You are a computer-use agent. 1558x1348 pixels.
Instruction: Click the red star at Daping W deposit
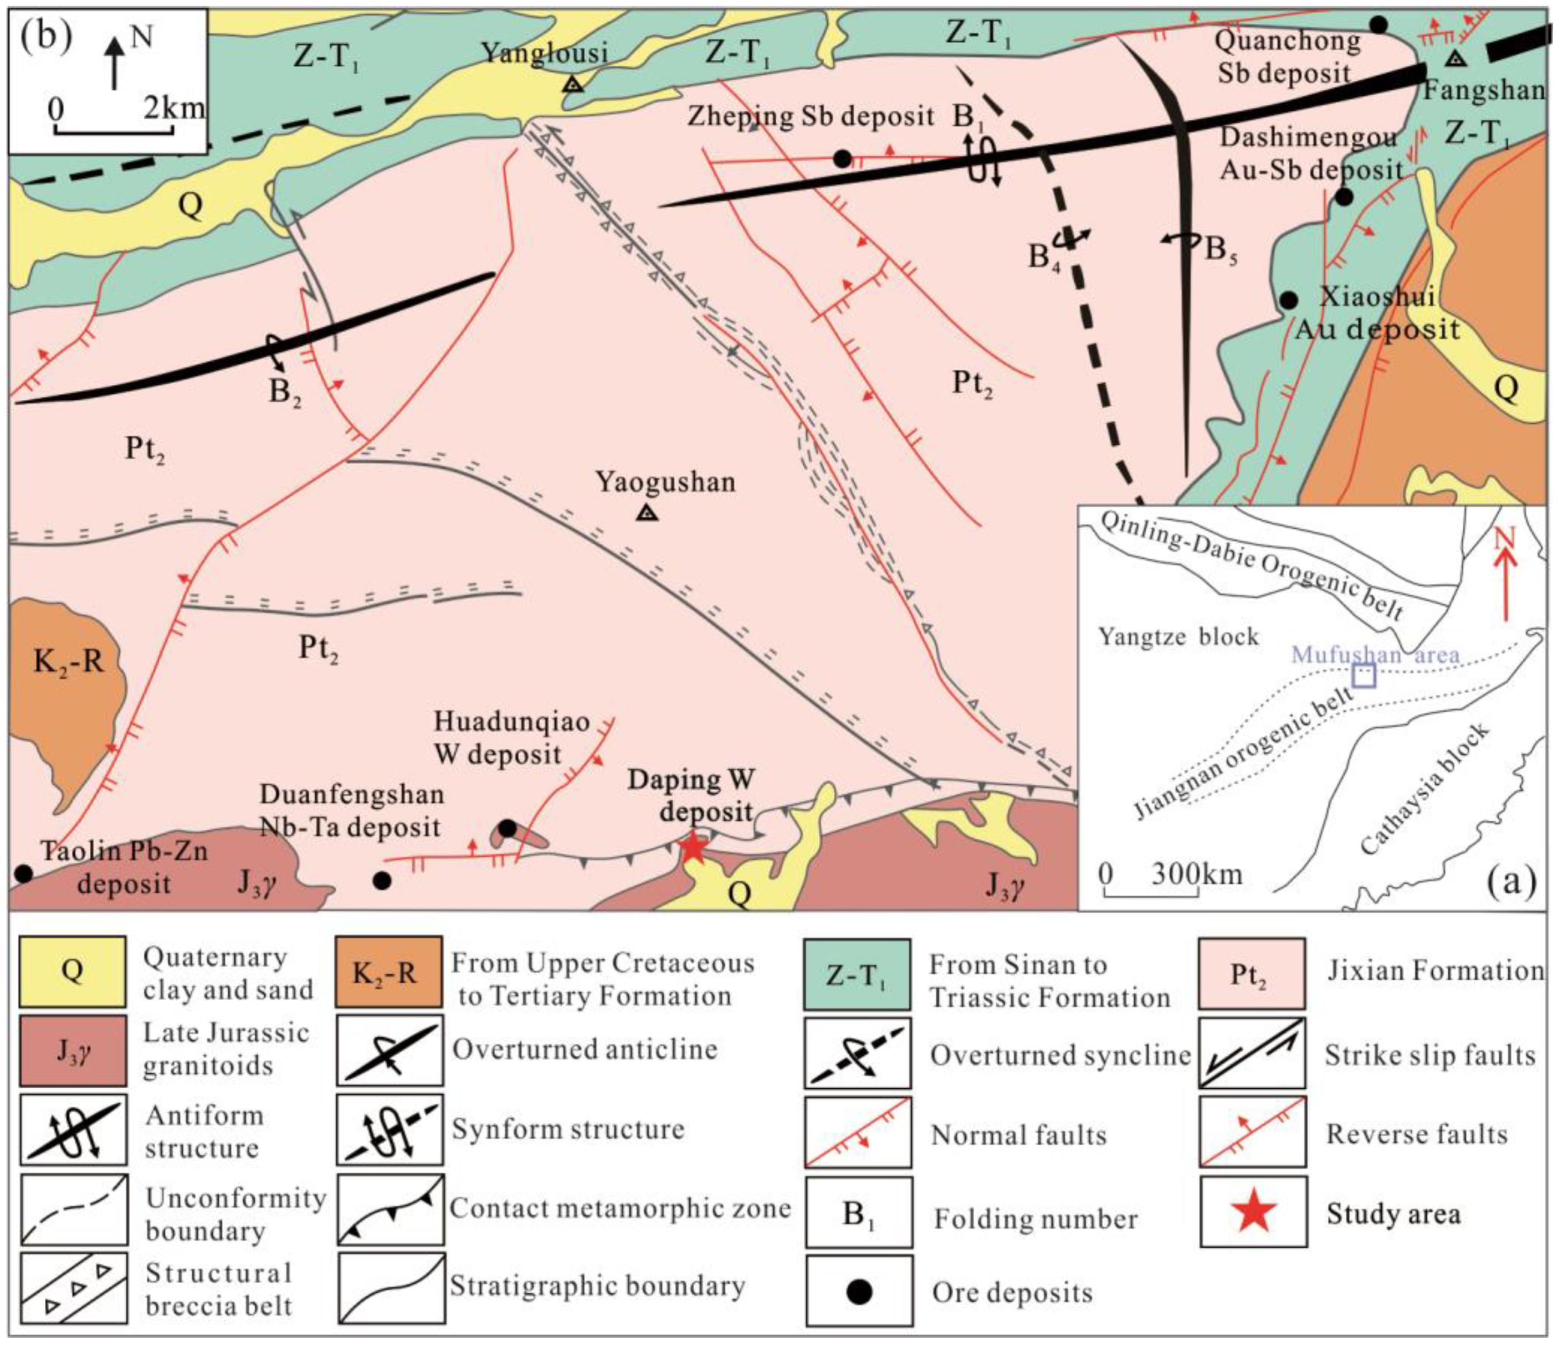click(693, 848)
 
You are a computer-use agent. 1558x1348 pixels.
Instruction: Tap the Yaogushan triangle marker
click(647, 513)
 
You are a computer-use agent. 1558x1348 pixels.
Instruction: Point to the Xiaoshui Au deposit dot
click(1289, 300)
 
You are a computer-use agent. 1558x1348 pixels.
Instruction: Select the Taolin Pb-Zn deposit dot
click(23, 873)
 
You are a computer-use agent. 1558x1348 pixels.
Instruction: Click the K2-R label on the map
click(68, 662)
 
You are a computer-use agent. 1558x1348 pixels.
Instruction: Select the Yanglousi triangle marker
click(573, 84)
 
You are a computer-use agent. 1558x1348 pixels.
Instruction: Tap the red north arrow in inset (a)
click(1505, 579)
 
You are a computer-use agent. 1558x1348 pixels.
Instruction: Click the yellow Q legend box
click(72, 971)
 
